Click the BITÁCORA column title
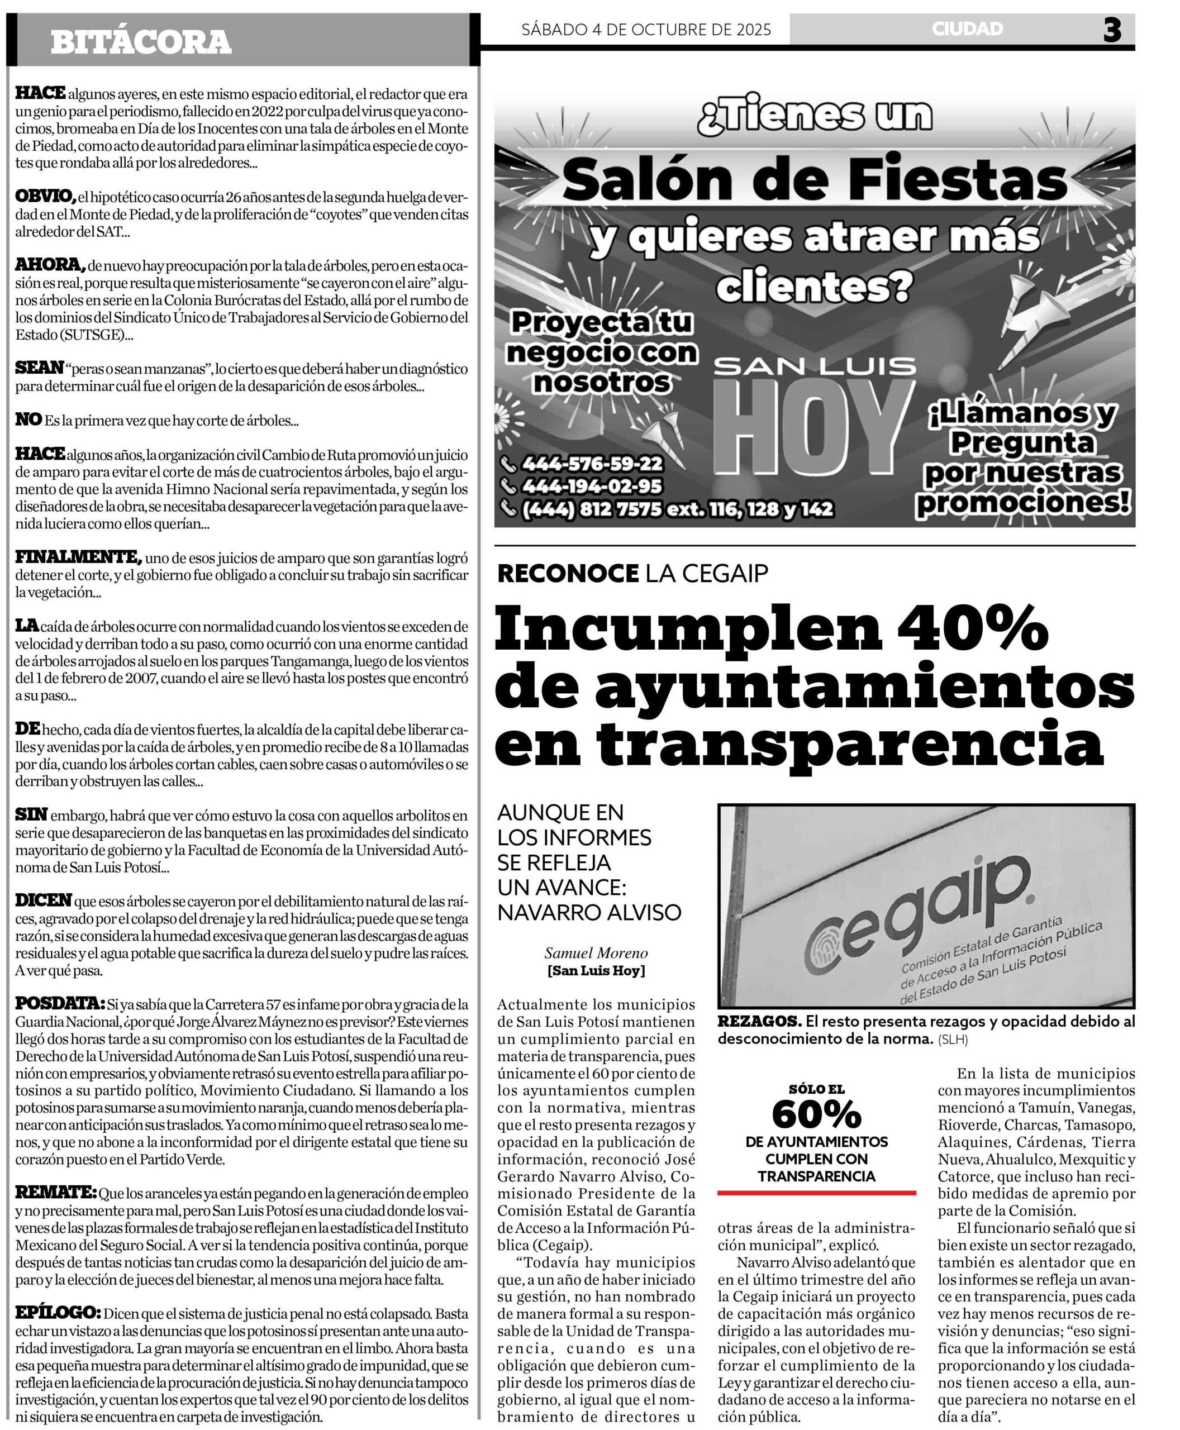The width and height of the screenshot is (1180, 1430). [x=141, y=42]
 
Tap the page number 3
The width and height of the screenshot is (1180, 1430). [x=1112, y=31]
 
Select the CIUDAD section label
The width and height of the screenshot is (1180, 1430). [x=967, y=28]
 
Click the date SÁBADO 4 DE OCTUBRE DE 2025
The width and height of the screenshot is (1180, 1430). [x=646, y=29]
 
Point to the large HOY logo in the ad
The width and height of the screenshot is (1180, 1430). [x=813, y=429]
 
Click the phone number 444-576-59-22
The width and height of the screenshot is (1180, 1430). [x=591, y=464]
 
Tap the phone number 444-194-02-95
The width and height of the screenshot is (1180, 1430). [x=591, y=486]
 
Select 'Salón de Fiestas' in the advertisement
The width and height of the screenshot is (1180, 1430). [x=814, y=179]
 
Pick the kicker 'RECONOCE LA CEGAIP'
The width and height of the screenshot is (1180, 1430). [x=632, y=574]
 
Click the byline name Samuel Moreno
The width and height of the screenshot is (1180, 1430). [x=596, y=953]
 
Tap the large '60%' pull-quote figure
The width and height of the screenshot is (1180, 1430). [x=816, y=1113]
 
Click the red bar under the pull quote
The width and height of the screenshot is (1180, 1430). [x=816, y=1193]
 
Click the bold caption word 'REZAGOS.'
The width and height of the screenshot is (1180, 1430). [x=759, y=1021]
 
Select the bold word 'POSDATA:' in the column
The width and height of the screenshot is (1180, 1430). [x=60, y=1003]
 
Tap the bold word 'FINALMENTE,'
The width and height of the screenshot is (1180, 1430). [x=78, y=557]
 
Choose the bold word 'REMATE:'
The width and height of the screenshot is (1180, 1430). [x=56, y=1192]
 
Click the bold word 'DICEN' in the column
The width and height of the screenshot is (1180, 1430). [x=43, y=900]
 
